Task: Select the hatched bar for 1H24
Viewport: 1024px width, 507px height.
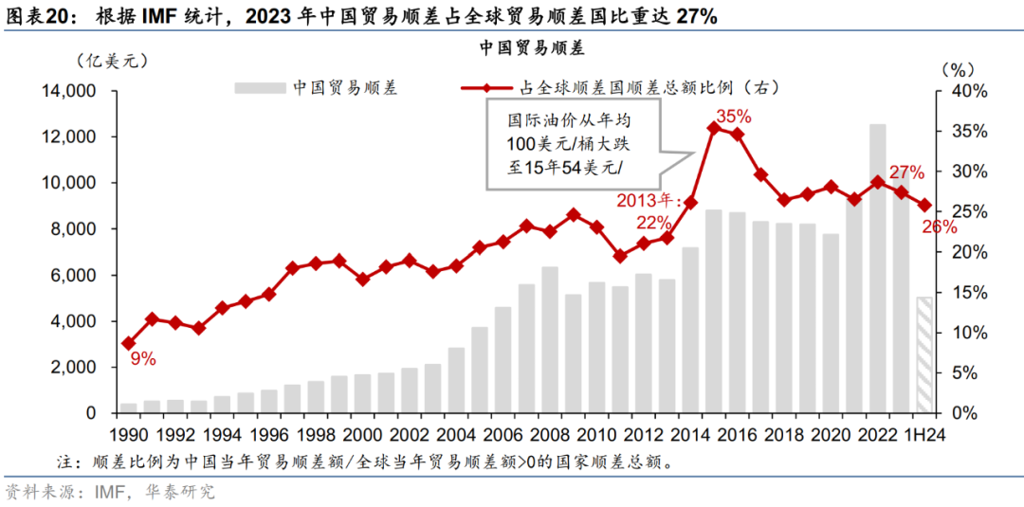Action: pyautogui.click(x=924, y=355)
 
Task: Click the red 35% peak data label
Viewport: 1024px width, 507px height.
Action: pyautogui.click(x=733, y=117)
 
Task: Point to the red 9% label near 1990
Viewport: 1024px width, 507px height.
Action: pyautogui.click(x=143, y=359)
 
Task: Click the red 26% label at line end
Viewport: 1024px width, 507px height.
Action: pyautogui.click(x=939, y=226)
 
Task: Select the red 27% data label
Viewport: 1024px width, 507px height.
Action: pyautogui.click(x=906, y=172)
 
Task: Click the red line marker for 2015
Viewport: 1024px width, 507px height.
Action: pyautogui.click(x=714, y=127)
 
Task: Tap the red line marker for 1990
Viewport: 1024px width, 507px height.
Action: pyautogui.click(x=128, y=343)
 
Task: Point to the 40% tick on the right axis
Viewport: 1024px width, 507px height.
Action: pyautogui.click(x=967, y=91)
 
